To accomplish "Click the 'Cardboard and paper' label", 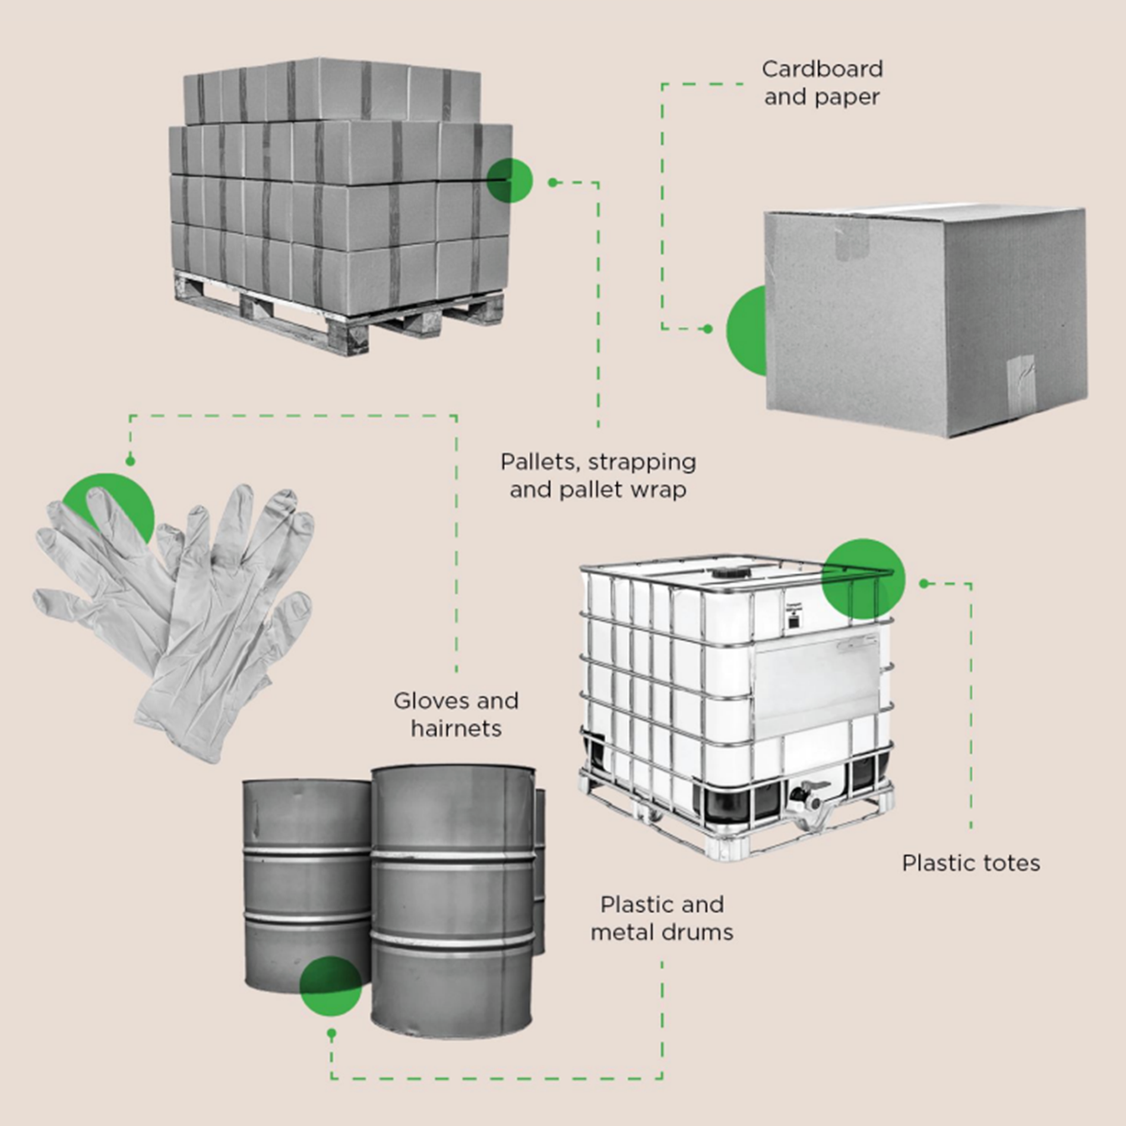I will (x=822, y=83).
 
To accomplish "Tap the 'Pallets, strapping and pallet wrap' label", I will (x=598, y=476).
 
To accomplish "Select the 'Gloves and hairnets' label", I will (x=456, y=714).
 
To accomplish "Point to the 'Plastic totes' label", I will (x=970, y=863).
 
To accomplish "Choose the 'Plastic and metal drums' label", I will (x=662, y=918).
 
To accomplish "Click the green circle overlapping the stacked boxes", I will (x=509, y=181).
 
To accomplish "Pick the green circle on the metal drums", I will (x=330, y=986).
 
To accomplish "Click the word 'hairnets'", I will (x=456, y=729).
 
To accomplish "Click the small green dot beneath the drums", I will (x=331, y=1034).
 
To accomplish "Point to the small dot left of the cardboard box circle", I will (x=707, y=329).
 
